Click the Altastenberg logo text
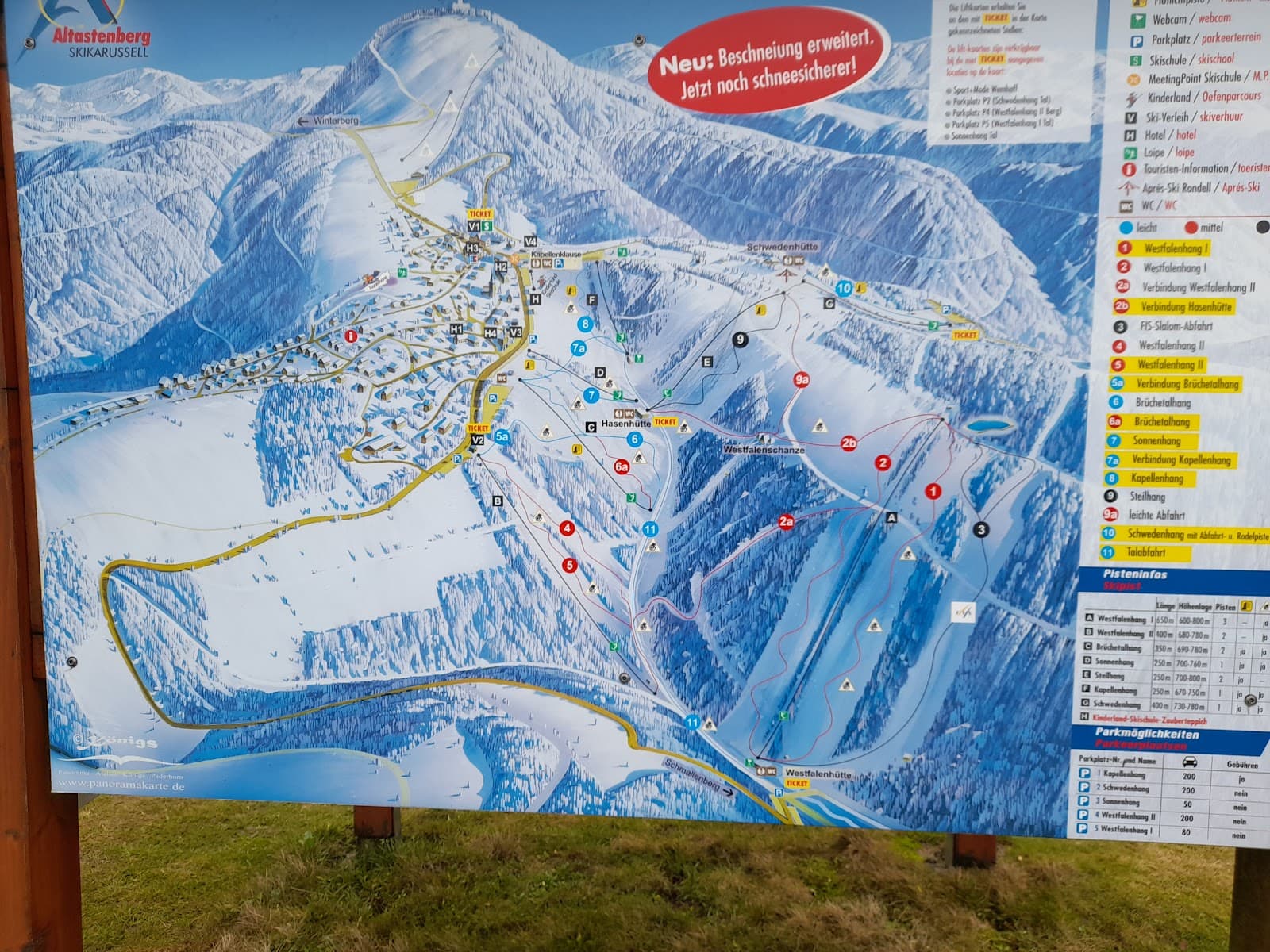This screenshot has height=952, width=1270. (x=101, y=36)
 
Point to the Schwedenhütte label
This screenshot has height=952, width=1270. (x=781, y=248)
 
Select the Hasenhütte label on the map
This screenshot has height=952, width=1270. (x=626, y=424)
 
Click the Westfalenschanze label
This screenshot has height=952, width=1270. (x=763, y=450)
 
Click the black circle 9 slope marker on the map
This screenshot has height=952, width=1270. (x=741, y=340)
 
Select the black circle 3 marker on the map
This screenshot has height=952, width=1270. (x=982, y=530)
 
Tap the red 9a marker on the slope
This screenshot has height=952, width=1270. (x=802, y=380)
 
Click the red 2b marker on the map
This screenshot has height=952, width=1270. (x=849, y=443)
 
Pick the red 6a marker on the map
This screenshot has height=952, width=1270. (x=622, y=467)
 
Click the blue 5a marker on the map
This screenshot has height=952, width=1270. (x=502, y=436)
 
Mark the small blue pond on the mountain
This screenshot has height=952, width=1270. (x=990, y=426)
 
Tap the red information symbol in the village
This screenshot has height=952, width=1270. (x=351, y=336)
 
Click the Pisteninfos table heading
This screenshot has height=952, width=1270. (x=1134, y=574)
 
